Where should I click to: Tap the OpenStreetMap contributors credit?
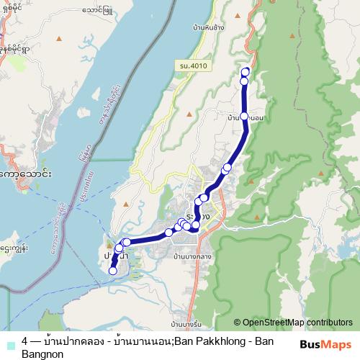click(293, 323)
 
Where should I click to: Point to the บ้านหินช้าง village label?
click(203, 27)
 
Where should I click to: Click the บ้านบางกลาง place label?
click(194, 255)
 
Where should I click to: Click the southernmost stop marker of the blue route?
click(112, 271)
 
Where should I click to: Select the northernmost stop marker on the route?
click(245, 71)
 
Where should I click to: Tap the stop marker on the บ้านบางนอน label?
click(244, 117)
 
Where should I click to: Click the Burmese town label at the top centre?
click(97, 11)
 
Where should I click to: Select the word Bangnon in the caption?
click(43, 354)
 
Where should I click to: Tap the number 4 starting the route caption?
click(25, 341)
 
